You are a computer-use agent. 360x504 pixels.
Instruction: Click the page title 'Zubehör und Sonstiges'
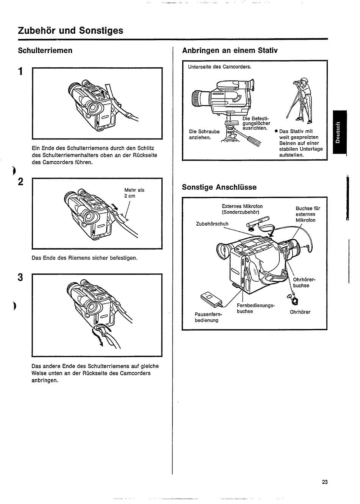70,30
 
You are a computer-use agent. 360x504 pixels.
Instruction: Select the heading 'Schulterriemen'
45,50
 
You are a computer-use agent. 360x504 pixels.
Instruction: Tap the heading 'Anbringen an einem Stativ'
230,50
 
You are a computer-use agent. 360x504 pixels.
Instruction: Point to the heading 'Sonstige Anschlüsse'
219,187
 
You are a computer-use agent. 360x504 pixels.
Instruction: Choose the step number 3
21,277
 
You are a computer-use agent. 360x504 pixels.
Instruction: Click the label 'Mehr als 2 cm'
134,193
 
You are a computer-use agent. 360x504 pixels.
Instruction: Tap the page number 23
324,482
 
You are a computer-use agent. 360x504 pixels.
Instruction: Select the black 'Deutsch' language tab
340,133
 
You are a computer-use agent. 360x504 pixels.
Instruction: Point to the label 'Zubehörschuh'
212,224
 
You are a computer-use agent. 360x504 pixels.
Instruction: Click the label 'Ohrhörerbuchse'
304,282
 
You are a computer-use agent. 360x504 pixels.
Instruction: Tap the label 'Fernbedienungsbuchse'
255,308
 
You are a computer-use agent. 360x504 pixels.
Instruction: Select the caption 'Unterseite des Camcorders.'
219,67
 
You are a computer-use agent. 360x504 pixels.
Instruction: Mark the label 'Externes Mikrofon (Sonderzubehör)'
242,209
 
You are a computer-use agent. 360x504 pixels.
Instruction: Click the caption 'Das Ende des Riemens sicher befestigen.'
85,258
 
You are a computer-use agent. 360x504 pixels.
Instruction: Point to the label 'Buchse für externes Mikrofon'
307,214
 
